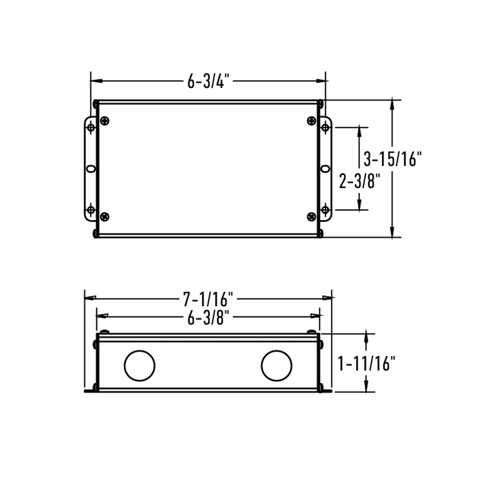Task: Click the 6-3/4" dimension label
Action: point(208,81)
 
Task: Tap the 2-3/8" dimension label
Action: point(360,180)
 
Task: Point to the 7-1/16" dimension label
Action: point(208,298)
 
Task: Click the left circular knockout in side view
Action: point(139,365)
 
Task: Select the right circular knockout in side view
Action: point(277,365)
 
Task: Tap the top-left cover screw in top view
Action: point(105,121)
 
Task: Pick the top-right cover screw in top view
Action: point(312,121)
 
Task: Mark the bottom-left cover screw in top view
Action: point(105,216)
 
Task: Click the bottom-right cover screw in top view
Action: point(312,216)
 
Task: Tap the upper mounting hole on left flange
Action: point(91,127)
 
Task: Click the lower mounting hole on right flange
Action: point(325,210)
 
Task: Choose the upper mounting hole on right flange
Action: point(325,127)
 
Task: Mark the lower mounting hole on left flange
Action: point(91,210)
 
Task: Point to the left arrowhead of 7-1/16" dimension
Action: point(90,297)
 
